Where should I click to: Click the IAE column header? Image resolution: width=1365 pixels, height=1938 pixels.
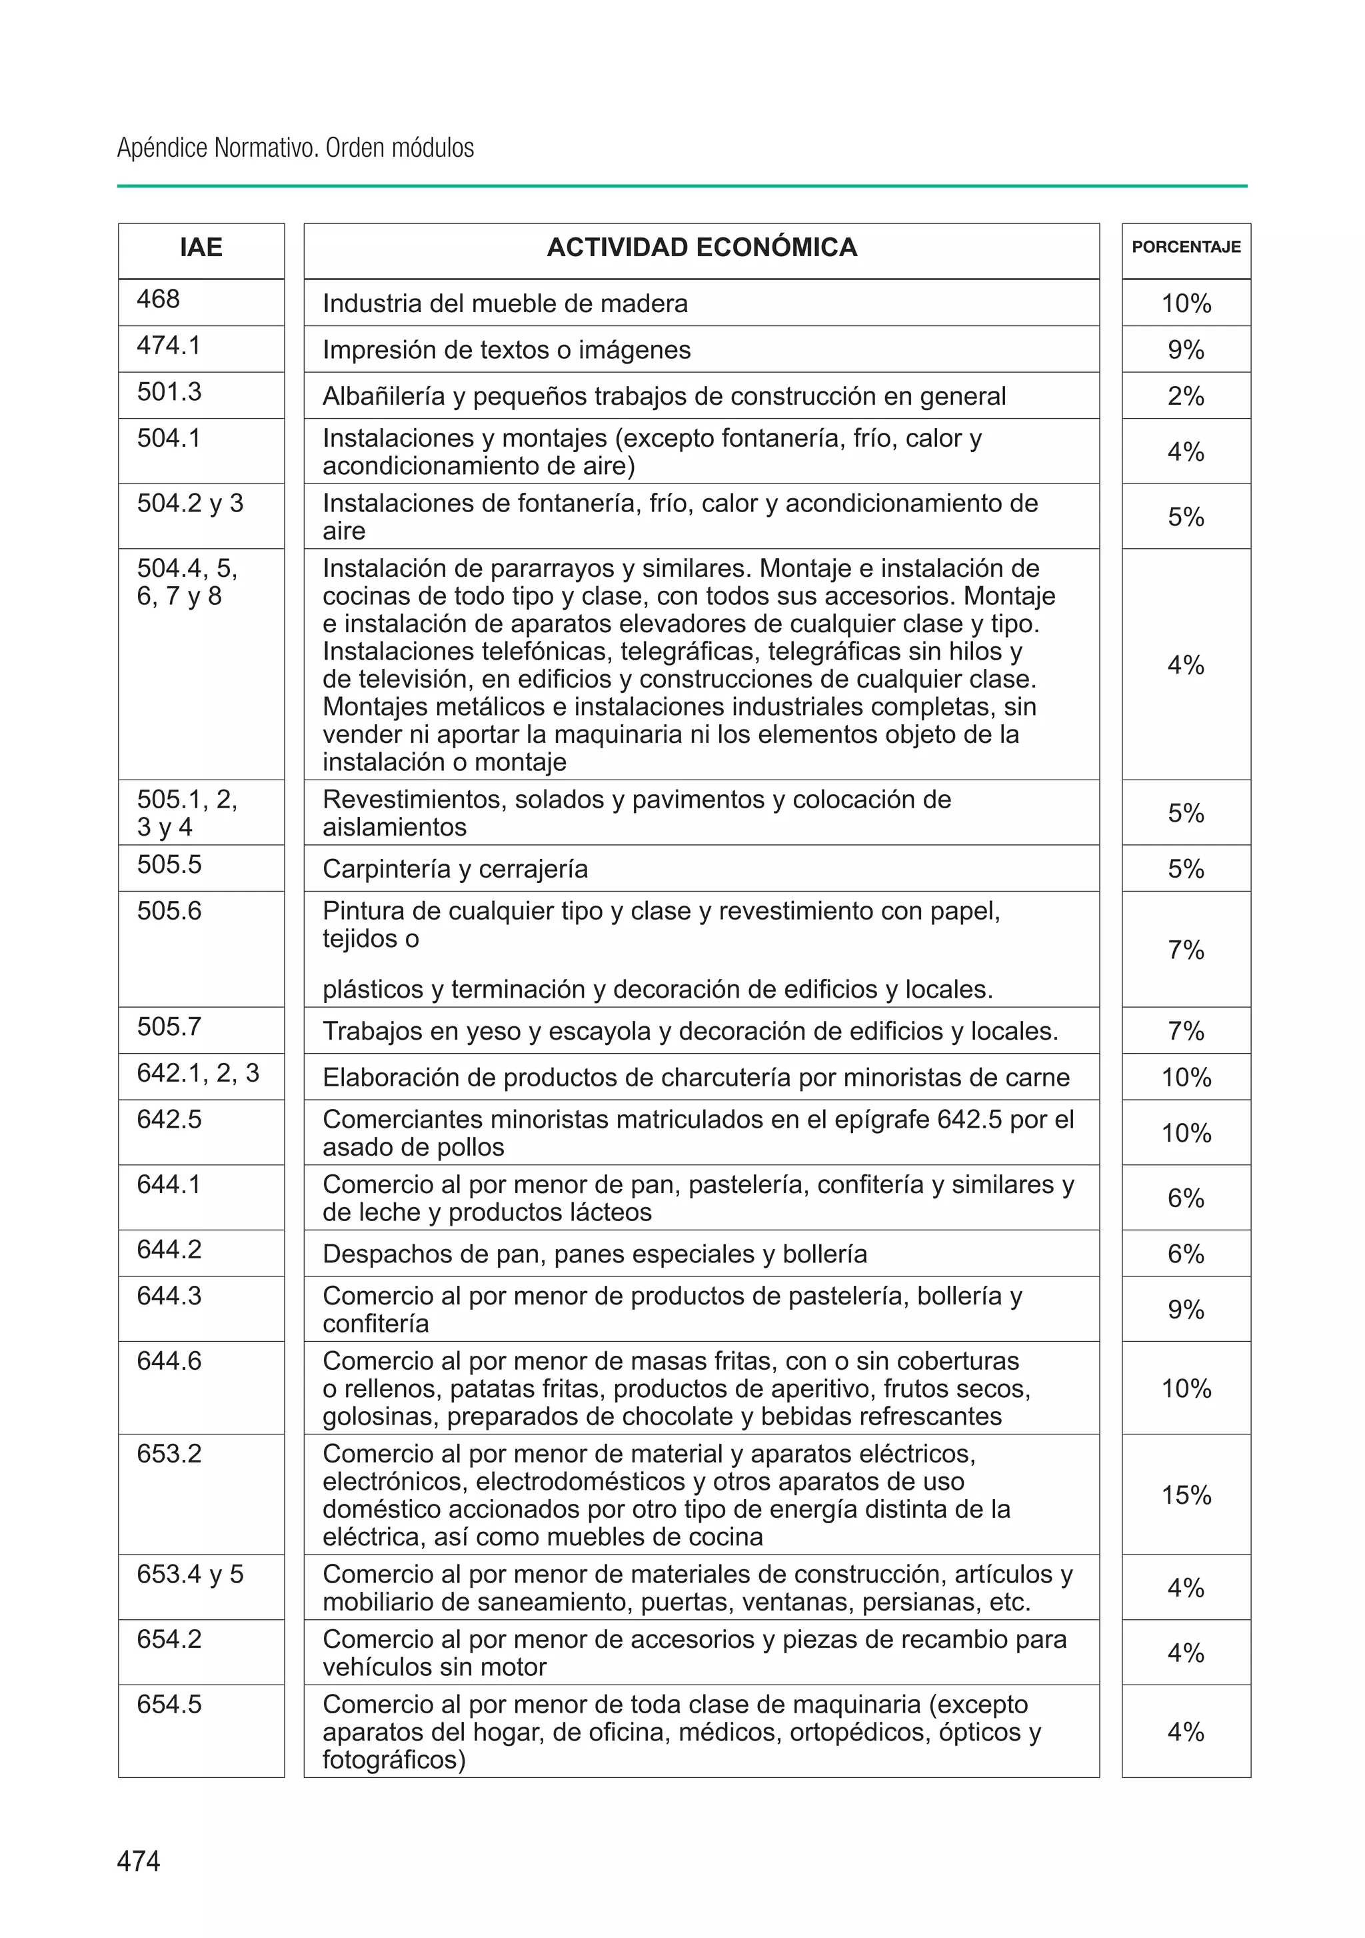point(201,247)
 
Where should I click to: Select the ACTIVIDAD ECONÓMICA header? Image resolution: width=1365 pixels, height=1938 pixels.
point(701,247)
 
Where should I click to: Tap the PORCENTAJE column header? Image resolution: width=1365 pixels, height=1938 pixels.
point(1185,247)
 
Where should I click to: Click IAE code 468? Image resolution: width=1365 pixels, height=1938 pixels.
point(159,299)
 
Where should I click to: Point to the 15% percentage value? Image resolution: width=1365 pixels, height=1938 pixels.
point(1185,1495)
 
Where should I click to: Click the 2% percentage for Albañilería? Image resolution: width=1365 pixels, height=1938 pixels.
point(1185,396)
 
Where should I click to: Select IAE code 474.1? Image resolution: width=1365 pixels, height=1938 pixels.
point(169,345)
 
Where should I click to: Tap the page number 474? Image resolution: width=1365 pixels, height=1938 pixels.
point(139,1861)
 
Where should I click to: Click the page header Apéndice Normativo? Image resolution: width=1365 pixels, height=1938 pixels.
point(295,147)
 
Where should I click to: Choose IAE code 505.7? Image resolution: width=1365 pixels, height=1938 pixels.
point(169,1026)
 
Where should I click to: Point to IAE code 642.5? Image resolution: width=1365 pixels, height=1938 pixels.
point(169,1119)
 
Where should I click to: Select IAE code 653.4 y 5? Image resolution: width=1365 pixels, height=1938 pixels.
point(190,1574)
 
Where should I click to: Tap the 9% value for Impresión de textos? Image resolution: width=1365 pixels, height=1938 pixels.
point(1185,349)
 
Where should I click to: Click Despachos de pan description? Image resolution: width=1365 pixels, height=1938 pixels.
point(594,1254)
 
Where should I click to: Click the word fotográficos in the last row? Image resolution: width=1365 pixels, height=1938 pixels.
point(393,1760)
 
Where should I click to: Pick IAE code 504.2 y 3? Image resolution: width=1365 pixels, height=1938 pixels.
point(190,503)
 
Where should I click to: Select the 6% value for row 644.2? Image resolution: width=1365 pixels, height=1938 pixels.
point(1185,1254)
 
